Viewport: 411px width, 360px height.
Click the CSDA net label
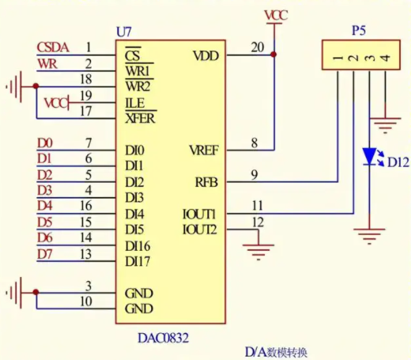tap(53, 47)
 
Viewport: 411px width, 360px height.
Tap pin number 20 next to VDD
tap(258, 47)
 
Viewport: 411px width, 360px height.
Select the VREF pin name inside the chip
tap(204, 150)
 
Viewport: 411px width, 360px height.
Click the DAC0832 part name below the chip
tap(164, 338)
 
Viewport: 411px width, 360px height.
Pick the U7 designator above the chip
tap(123, 32)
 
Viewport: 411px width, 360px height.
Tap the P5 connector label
tap(359, 31)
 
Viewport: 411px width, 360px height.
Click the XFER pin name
tap(140, 119)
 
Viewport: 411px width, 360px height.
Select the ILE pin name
tap(134, 103)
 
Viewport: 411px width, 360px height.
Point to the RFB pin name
tap(206, 182)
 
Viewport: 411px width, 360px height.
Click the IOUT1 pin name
tap(199, 214)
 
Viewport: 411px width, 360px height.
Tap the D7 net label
tap(45, 254)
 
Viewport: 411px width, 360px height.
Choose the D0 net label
tap(45, 143)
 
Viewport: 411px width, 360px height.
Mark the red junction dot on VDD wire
tap(274, 55)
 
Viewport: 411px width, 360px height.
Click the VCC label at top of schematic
tap(276, 15)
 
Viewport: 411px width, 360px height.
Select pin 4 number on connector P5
tap(386, 58)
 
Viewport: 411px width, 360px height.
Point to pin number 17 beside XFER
tap(85, 111)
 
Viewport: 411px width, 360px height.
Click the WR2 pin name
tap(138, 86)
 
